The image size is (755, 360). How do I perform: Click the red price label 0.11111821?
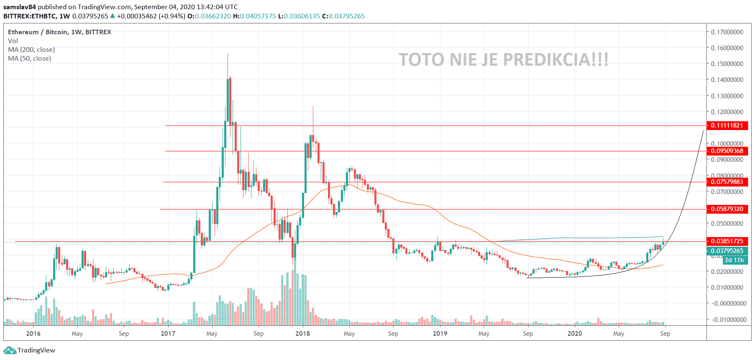[x=727, y=125]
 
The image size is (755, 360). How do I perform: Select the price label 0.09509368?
[x=727, y=151]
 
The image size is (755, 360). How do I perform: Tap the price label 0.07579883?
[x=727, y=182]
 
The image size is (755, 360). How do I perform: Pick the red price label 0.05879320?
[x=727, y=209]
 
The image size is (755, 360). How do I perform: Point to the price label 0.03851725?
[x=727, y=241]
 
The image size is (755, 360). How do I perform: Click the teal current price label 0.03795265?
[x=727, y=251]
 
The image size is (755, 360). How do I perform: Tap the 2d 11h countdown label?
[x=734, y=260]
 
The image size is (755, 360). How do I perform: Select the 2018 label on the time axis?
[x=302, y=334]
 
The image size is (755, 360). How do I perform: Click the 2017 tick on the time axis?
[x=168, y=334]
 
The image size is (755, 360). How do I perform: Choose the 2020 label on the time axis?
[x=574, y=334]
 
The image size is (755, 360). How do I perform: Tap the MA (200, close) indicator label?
[x=31, y=50]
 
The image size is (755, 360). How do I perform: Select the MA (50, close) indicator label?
[x=29, y=59]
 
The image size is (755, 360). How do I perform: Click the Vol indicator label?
[x=13, y=41]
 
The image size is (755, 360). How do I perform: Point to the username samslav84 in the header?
[x=20, y=7]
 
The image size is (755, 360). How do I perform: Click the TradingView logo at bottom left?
[x=30, y=350]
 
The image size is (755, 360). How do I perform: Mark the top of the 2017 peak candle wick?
[x=228, y=54]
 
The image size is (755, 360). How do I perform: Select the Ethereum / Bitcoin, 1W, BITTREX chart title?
[x=59, y=32]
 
